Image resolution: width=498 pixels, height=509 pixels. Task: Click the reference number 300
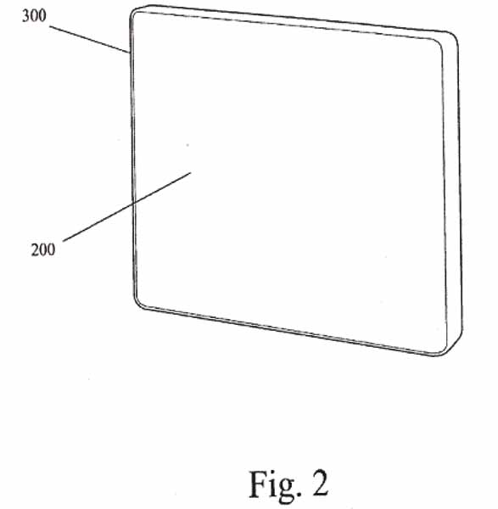point(34,15)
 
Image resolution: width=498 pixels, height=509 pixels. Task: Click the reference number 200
point(43,249)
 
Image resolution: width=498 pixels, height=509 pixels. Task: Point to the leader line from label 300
point(90,40)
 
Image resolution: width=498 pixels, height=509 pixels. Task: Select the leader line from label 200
point(126,207)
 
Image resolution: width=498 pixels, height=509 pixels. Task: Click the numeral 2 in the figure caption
point(321,483)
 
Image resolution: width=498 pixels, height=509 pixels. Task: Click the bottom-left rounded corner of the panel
point(139,303)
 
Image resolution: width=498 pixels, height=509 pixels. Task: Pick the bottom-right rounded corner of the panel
point(445,350)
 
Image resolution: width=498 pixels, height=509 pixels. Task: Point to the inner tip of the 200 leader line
point(191,172)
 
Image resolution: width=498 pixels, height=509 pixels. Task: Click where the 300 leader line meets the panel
point(131,53)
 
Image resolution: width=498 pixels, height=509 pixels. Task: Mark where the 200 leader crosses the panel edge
point(133,204)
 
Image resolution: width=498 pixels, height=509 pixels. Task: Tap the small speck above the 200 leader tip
point(187,145)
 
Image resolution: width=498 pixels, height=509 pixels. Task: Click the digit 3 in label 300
point(25,15)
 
